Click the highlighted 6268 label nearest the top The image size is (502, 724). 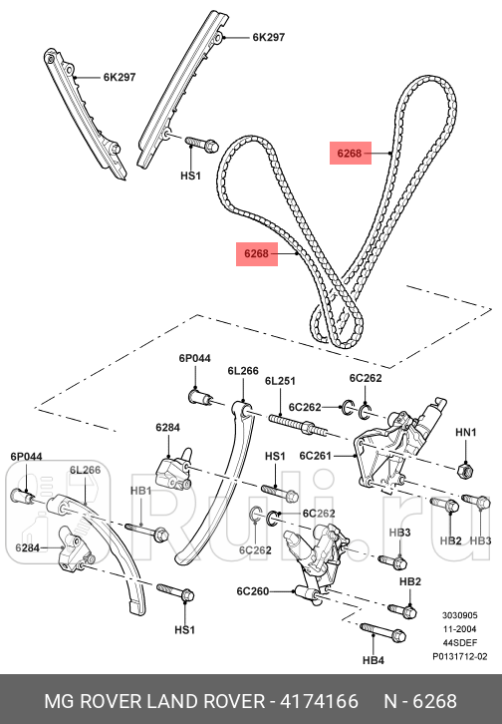click(x=350, y=154)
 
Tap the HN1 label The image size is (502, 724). click(x=466, y=433)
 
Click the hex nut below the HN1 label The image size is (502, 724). click(x=464, y=468)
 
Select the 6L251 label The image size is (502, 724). click(x=281, y=381)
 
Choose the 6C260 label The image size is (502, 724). click(x=254, y=591)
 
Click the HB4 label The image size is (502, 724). click(x=373, y=659)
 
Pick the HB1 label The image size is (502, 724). click(x=140, y=491)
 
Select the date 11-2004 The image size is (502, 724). click(x=457, y=629)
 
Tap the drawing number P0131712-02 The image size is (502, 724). click(x=459, y=657)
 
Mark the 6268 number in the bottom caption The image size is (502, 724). click(x=434, y=703)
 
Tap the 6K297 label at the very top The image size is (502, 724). click(x=268, y=38)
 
